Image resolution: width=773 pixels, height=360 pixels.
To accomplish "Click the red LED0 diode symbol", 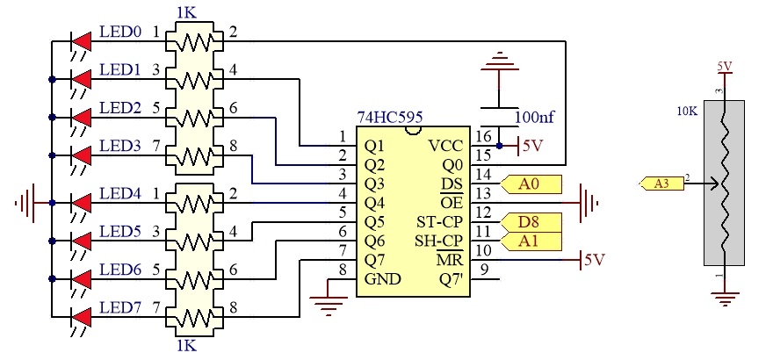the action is [x=82, y=41].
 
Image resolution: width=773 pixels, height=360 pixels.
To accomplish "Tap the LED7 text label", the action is [x=120, y=308].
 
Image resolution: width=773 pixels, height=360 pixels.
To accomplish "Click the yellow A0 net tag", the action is [x=531, y=184].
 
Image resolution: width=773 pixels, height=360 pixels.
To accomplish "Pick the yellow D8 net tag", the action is [x=531, y=222].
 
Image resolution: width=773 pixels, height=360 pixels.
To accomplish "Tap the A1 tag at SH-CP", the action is [x=531, y=241].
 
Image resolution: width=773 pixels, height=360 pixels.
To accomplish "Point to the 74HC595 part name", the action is [x=390, y=118].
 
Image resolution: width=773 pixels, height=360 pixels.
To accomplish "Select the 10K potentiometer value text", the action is [x=687, y=112].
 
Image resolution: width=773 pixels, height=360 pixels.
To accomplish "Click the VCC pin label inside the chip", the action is [x=445, y=146].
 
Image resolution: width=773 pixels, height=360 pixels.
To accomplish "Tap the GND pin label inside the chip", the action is [x=383, y=278].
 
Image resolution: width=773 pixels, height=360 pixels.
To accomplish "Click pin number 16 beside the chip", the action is [x=485, y=136].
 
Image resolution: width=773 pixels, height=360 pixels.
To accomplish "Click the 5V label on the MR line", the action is [x=594, y=260].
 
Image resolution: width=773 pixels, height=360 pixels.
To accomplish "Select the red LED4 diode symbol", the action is [x=82, y=203].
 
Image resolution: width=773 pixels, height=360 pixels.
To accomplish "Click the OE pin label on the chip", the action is [x=452, y=202].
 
